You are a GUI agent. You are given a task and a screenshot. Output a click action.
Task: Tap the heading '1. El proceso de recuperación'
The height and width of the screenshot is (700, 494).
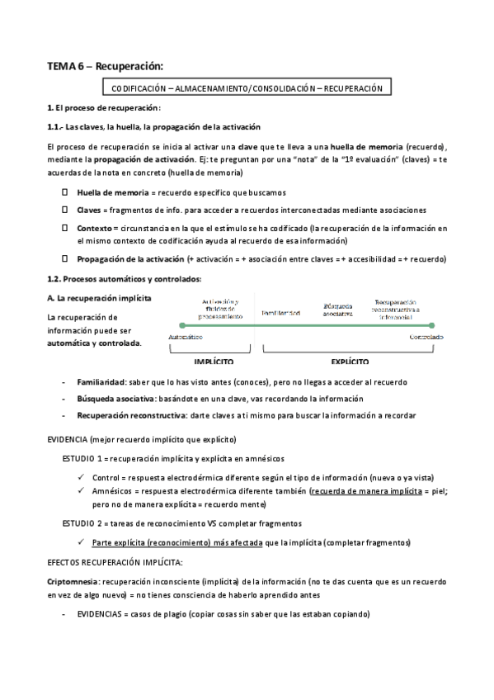click(x=103, y=108)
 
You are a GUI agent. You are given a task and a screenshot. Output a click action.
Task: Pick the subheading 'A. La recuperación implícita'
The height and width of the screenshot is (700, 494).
click(x=99, y=297)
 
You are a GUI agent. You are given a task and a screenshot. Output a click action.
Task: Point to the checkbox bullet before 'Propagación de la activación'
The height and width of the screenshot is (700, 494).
click(x=64, y=258)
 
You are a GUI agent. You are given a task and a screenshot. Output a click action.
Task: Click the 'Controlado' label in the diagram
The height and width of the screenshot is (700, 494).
click(x=426, y=337)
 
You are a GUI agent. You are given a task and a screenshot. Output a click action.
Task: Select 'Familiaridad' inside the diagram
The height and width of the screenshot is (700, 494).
click(x=280, y=314)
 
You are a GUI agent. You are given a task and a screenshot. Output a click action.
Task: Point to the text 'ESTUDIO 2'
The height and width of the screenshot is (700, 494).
click(x=85, y=523)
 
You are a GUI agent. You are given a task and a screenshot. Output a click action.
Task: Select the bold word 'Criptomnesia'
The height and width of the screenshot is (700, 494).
click(x=73, y=581)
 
